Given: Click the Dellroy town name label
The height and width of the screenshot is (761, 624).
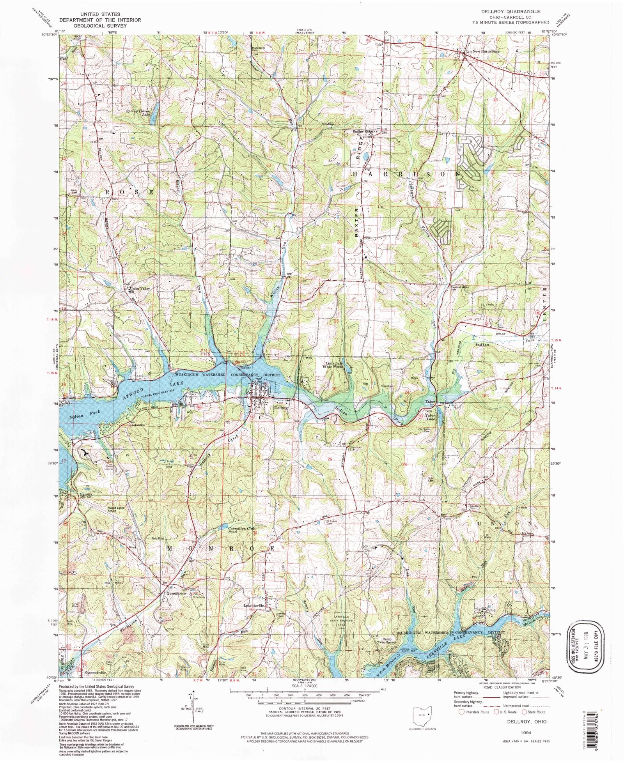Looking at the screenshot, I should [280, 408].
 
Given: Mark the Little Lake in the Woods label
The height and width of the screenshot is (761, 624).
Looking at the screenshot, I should [332, 365].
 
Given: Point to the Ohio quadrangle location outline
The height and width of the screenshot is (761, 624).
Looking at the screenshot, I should [422, 715].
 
